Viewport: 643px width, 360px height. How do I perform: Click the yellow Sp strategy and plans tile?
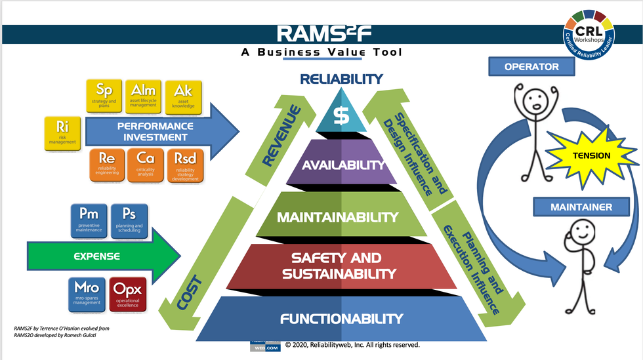click(x=104, y=96)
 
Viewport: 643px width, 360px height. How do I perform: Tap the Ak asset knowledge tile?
click(x=182, y=96)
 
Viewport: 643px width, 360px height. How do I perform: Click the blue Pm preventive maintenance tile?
click(x=89, y=220)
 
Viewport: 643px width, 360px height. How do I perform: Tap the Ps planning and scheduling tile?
click(x=129, y=220)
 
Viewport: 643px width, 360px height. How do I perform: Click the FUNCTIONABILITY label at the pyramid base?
click(x=341, y=319)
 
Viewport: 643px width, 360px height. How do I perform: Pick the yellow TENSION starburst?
click(x=591, y=156)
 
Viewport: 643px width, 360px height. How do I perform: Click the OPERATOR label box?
click(x=531, y=67)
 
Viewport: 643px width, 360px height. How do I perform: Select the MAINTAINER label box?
click(x=572, y=207)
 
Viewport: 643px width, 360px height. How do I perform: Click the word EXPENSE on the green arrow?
click(x=96, y=256)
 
